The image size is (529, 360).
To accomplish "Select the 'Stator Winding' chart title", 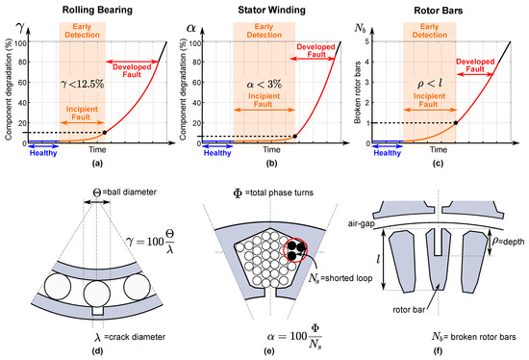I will (266, 10).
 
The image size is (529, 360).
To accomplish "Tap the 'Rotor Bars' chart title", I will (441, 10).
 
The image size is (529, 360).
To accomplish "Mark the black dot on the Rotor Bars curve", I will (455, 123).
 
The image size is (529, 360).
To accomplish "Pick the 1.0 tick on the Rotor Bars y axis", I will (373, 123).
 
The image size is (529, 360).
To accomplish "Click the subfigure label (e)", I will (264, 352).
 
